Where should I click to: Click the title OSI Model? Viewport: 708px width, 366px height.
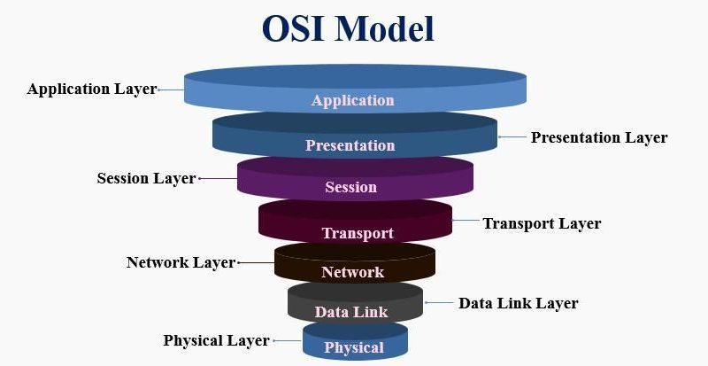tap(348, 29)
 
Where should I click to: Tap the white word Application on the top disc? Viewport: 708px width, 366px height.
tap(352, 100)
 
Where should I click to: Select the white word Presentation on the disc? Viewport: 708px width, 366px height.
tap(350, 145)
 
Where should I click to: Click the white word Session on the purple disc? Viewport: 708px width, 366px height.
tap(350, 187)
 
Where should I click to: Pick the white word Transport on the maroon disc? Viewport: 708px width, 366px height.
tap(357, 233)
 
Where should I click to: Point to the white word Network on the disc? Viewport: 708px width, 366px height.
tap(352, 272)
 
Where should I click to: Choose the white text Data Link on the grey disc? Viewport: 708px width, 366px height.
tap(351, 312)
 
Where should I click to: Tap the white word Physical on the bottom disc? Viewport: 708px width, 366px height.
tap(354, 347)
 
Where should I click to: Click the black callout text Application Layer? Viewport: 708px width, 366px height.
tap(91, 90)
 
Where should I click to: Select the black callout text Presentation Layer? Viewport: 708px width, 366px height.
tap(599, 137)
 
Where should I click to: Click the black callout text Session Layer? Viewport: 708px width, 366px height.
tap(146, 178)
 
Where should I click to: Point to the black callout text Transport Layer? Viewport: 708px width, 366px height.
tap(542, 223)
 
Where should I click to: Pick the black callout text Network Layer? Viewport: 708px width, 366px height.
tap(181, 262)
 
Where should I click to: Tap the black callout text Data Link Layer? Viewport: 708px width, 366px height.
tap(518, 303)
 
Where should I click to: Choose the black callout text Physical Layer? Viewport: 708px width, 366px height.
tap(216, 340)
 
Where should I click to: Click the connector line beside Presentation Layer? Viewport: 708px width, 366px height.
tap(512, 137)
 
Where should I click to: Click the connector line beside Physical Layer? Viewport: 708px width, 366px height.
tap(287, 340)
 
